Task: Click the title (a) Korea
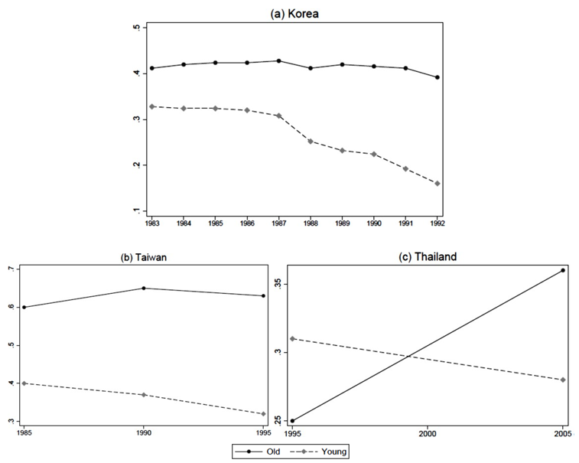(294, 13)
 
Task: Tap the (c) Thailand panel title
(428, 257)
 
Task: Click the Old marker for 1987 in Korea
(278, 60)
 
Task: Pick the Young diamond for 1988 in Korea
(311, 141)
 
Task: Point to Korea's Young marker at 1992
(438, 184)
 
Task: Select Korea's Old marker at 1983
(151, 68)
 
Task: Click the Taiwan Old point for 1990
(144, 289)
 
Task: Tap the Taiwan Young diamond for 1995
(264, 414)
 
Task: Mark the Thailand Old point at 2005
(563, 270)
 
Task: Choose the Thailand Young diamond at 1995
(293, 338)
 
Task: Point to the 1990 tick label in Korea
(374, 223)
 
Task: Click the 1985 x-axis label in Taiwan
(24, 432)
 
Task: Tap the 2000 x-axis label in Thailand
(428, 432)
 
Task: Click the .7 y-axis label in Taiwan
(11, 269)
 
